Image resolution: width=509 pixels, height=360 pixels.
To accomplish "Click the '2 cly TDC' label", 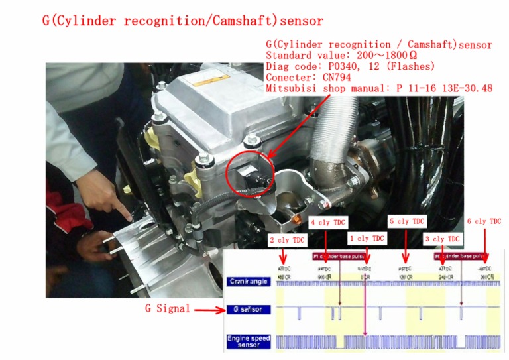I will pyautogui.click(x=287, y=240).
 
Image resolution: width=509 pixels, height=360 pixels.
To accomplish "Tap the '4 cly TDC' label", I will pyautogui.click(x=328, y=222).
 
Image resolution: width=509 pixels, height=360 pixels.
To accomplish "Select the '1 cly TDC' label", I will pyautogui.click(x=367, y=239).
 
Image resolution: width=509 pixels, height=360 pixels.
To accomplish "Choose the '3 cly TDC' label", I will pyautogui.click(x=442, y=239).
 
